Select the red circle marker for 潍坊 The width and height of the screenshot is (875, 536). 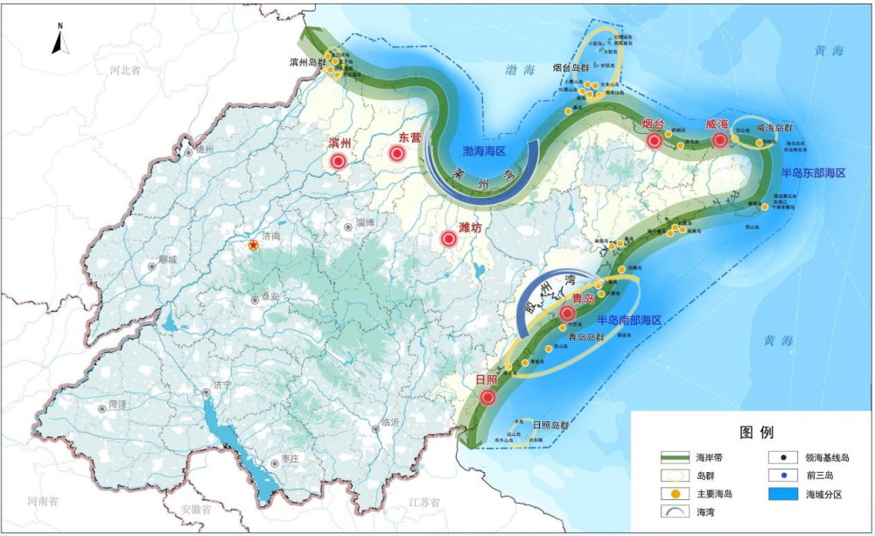450,238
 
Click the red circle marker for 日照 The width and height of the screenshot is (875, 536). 487,397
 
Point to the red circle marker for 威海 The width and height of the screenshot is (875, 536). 720,140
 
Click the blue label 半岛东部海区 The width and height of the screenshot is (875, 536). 813,173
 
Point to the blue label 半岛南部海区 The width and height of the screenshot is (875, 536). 629,321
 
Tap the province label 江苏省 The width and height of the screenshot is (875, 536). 426,501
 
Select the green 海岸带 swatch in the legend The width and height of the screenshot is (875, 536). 675,457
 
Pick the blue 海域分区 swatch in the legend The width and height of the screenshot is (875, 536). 786,494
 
